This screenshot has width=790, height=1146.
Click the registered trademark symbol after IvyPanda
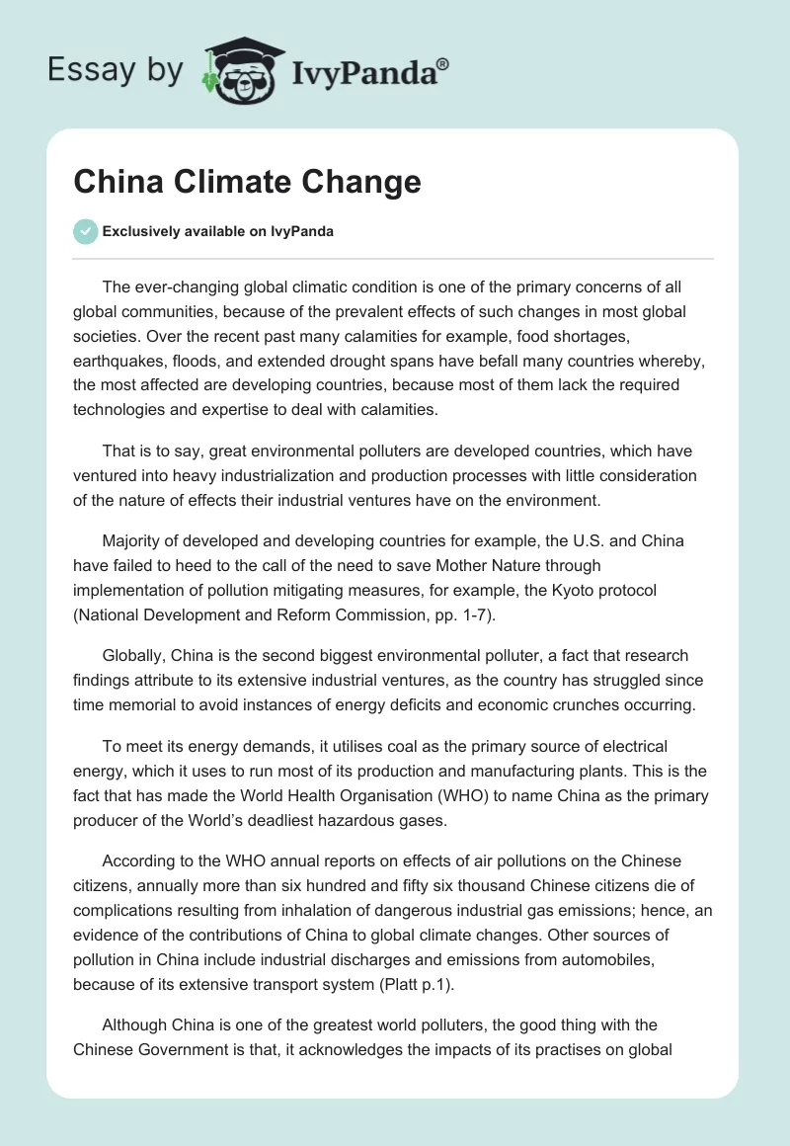tap(443, 64)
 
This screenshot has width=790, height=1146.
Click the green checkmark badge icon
tap(85, 231)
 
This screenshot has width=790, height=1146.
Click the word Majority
tap(133, 541)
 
